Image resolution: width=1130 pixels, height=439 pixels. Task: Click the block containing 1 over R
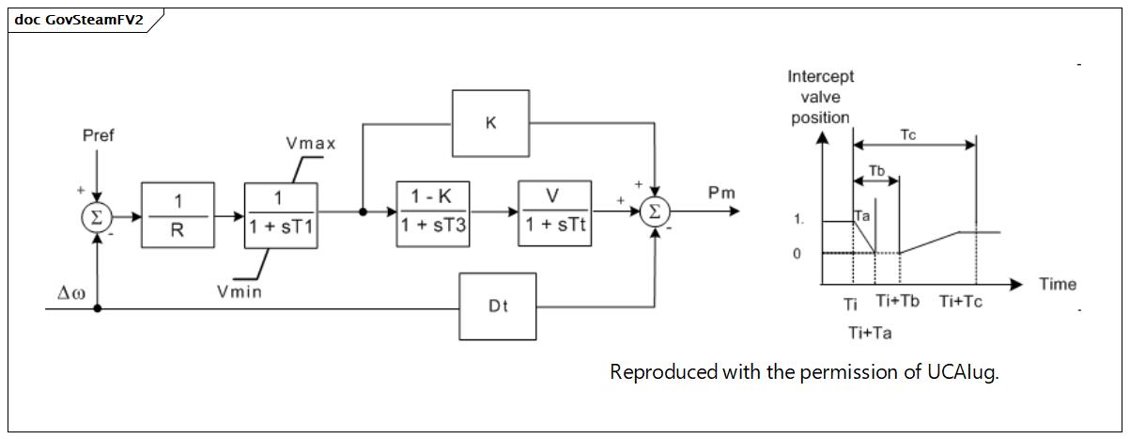point(178,215)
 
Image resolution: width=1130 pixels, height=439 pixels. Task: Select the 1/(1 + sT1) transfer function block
point(281,215)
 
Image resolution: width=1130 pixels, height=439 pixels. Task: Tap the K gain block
point(491,124)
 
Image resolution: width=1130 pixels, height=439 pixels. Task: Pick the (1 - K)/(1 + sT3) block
point(433,214)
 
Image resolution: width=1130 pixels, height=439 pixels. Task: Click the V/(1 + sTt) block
point(555,213)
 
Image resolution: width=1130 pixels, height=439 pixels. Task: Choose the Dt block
point(498,306)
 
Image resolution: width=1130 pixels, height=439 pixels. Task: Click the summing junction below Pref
point(97,217)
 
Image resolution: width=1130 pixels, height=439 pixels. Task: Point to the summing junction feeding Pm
point(655,212)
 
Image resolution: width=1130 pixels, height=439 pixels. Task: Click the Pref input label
point(99,135)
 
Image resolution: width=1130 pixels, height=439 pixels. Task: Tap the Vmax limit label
point(311,143)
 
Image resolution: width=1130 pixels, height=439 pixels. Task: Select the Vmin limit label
point(240,291)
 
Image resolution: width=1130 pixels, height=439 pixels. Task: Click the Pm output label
point(722,193)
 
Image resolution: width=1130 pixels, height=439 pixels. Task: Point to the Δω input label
point(71,292)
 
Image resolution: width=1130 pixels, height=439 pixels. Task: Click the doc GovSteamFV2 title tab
point(79,20)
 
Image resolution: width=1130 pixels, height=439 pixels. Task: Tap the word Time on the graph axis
point(1058,284)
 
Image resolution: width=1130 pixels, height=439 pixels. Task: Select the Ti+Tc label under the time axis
point(961,302)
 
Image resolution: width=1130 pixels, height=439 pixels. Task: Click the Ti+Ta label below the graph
point(870,333)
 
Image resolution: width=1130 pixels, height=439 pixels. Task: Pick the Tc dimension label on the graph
point(908,134)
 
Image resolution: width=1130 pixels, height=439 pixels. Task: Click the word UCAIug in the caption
point(963,372)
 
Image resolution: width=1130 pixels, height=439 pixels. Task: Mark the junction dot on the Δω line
point(98,308)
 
